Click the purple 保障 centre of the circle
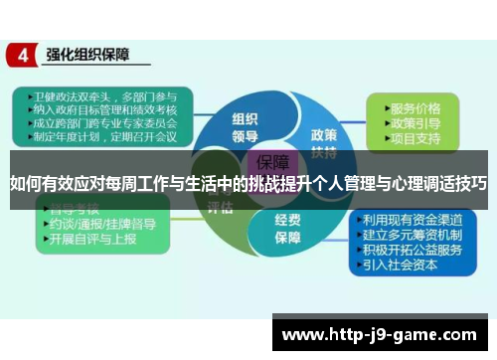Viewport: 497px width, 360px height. pyautogui.click(x=273, y=161)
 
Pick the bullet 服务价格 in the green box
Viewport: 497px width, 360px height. pyautogui.click(x=415, y=106)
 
